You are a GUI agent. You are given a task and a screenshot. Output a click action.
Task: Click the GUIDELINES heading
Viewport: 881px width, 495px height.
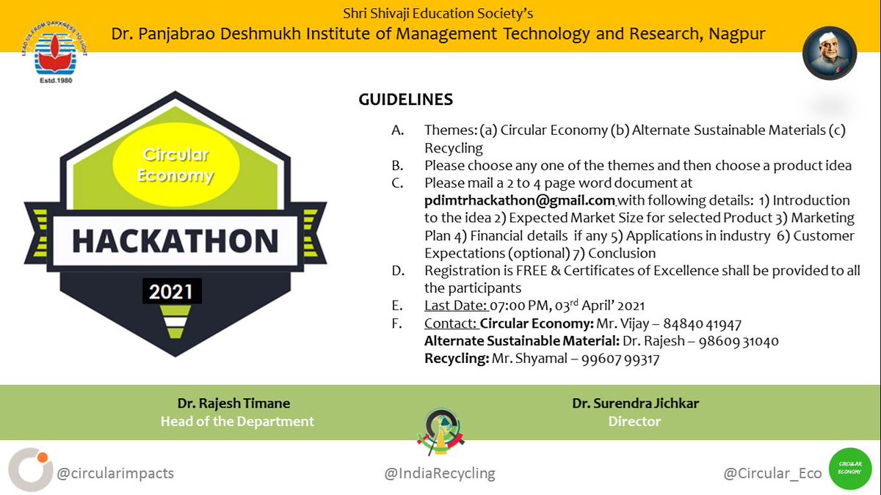point(405,100)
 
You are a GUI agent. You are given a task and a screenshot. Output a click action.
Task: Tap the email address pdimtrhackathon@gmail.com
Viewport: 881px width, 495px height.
point(519,200)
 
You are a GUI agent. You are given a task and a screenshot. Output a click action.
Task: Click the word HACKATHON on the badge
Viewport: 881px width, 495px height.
point(175,241)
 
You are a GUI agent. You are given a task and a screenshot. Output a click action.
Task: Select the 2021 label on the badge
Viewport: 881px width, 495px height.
point(171,292)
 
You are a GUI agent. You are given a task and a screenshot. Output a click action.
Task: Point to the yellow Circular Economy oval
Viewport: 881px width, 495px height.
point(177,166)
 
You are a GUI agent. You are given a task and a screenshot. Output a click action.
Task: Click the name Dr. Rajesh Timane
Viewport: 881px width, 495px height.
point(233,403)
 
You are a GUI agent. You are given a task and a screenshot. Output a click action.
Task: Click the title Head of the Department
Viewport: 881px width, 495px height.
point(236,422)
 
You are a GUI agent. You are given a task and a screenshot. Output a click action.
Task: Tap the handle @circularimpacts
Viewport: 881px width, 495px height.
point(115,473)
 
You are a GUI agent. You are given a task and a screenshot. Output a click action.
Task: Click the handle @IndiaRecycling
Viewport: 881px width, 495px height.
point(440,474)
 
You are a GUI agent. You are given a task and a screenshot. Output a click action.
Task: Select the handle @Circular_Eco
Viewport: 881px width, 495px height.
point(772,474)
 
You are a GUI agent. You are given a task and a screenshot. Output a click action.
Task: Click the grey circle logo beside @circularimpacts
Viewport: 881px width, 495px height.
point(31,469)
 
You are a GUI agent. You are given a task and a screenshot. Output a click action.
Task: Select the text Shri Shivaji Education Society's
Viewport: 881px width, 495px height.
point(438,13)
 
